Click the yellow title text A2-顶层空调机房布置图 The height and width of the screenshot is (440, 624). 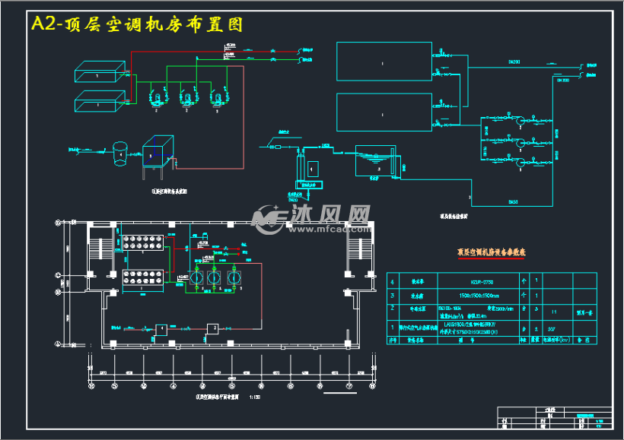[136, 24]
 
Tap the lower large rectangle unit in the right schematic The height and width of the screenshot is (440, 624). [384, 113]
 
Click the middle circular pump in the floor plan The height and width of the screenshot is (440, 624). [214, 279]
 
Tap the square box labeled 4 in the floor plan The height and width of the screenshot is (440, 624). [161, 328]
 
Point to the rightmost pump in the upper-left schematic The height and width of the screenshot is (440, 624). [218, 97]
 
